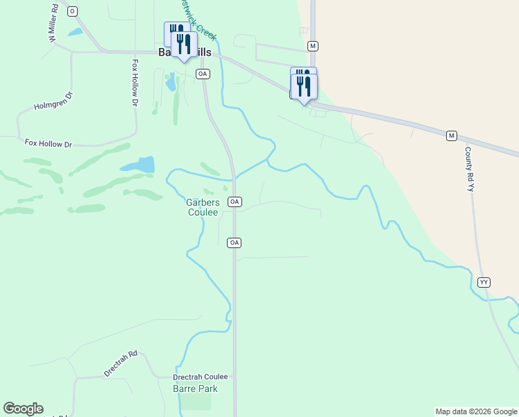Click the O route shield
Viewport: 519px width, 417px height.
pos(72,11)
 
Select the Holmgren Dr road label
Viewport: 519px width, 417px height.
pos(53,101)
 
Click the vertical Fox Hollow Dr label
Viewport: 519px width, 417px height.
pos(135,82)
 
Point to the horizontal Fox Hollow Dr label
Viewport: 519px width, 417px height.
pos(49,144)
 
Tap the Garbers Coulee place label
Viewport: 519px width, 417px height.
pos(203,207)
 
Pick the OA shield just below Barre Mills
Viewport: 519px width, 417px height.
pos(203,73)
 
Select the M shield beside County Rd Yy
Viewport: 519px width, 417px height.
pos(452,136)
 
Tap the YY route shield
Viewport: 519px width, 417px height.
pos(484,281)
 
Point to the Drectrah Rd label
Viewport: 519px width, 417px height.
pos(121,363)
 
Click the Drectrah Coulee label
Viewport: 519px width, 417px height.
pos(200,377)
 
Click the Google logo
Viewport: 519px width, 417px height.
pos(23,409)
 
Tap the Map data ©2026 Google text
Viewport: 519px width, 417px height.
pos(476,411)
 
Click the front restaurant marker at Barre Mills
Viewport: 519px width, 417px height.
pos(184,44)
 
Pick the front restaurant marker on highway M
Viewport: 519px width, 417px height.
pos(304,86)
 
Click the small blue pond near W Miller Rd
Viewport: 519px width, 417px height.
pos(75,32)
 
